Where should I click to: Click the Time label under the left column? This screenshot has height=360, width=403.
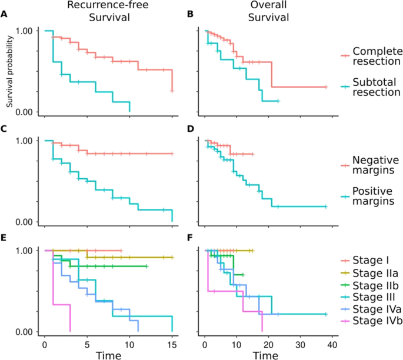[x=108, y=354]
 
